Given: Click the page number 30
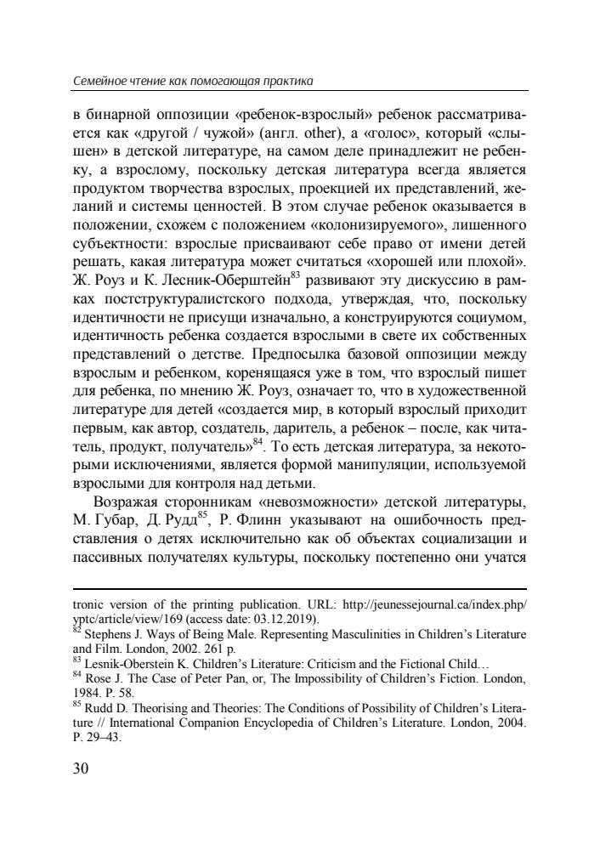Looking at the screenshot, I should (84, 769).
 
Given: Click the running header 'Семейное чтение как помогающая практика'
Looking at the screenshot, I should (193, 82).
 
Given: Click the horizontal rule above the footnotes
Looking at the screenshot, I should (300, 588).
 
